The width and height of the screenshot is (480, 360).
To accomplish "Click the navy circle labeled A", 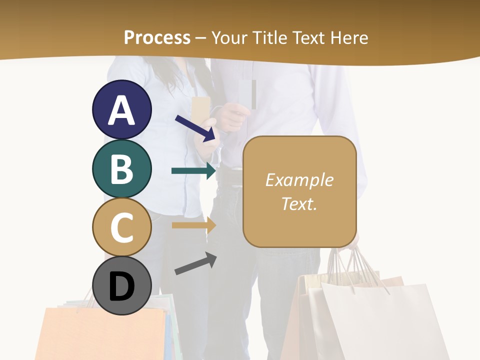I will (x=121, y=110).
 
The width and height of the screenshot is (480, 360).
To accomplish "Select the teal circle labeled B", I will (x=121, y=169).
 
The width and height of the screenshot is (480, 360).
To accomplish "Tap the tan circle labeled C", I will (x=121, y=227).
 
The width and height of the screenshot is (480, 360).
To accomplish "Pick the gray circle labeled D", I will (x=121, y=285).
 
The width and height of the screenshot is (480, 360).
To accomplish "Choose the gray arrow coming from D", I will (x=195, y=263).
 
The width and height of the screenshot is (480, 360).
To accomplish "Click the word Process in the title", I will (x=157, y=37).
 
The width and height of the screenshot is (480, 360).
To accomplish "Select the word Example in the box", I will (x=299, y=180).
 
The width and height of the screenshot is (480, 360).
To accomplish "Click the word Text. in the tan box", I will (x=299, y=203).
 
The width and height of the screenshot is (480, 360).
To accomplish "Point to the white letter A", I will (x=121, y=110).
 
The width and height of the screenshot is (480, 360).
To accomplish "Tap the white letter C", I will (x=121, y=227).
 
